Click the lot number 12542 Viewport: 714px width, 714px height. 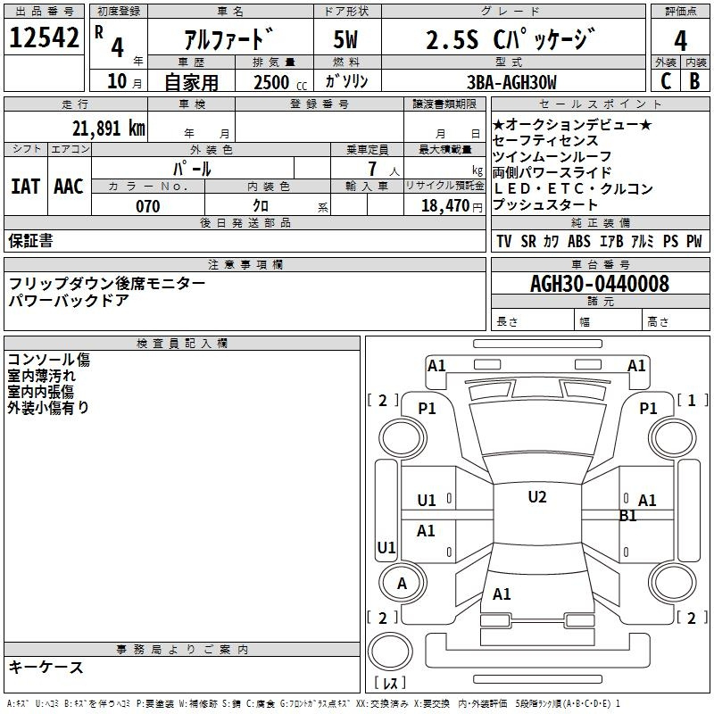[44, 39]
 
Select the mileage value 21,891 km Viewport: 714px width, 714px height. [108, 128]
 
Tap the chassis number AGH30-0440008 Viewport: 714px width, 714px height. [599, 284]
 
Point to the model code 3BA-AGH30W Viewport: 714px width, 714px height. [511, 82]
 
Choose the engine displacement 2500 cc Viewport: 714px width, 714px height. [272, 82]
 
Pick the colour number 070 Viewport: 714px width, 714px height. [147, 206]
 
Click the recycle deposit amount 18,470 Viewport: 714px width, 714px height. [445, 206]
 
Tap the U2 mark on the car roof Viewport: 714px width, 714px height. [536, 497]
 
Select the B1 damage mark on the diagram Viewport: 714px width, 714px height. [628, 515]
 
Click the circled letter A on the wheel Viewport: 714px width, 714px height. [402, 584]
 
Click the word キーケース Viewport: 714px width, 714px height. [46, 667]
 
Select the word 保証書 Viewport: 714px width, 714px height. [30, 240]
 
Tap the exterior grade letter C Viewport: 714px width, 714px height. [666, 81]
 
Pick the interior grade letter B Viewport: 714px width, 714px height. [694, 81]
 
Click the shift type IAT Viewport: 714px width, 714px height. [25, 187]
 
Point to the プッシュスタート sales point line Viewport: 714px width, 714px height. [545, 205]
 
